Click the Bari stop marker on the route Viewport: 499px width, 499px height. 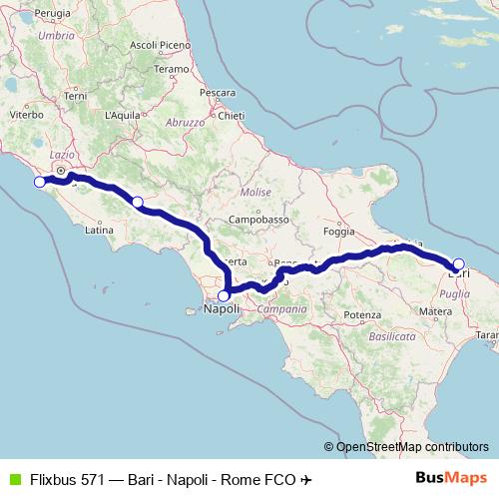[459, 264]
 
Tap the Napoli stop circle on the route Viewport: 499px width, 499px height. [225, 294]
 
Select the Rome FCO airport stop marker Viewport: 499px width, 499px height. [40, 182]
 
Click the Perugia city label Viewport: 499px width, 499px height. [52, 12]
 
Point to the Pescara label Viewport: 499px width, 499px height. [217, 93]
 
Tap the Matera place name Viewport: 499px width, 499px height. [435, 311]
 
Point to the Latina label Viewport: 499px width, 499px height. [100, 231]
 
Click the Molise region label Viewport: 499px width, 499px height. [255, 191]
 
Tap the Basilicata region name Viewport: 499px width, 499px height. [392, 338]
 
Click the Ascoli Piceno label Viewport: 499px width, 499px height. [161, 45]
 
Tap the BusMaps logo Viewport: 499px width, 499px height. [451, 479]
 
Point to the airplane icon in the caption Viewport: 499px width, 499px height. [306, 479]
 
